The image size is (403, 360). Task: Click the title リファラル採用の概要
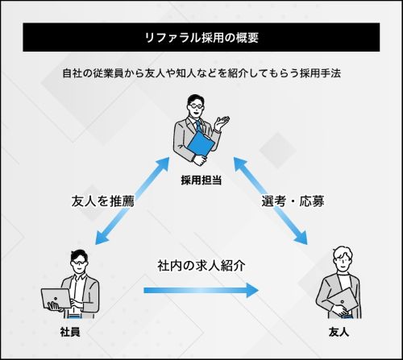(201, 38)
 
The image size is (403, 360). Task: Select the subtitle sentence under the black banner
(201, 73)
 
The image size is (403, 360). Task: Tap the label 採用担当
(201, 180)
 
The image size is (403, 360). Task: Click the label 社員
(70, 332)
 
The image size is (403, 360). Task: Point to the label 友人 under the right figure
(339, 332)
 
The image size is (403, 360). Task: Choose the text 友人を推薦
(102, 201)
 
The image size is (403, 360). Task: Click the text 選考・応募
(293, 201)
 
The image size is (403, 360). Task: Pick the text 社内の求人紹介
(201, 266)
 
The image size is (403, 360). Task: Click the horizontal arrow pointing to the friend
(201, 290)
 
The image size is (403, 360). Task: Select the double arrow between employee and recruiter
(132, 201)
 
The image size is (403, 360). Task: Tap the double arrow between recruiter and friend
(270, 201)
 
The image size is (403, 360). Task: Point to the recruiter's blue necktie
(199, 126)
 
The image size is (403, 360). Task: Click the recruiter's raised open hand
(222, 123)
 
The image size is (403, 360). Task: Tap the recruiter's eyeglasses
(196, 106)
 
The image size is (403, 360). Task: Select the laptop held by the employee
(56, 298)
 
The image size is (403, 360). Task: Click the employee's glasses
(78, 263)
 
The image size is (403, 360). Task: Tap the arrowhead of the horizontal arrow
(253, 290)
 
